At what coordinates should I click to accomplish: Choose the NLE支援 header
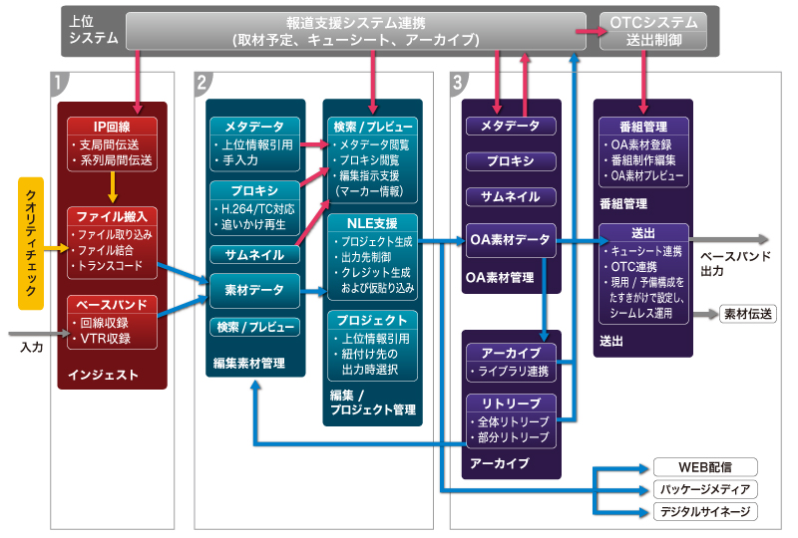click(374, 222)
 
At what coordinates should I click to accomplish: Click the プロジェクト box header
click(374, 320)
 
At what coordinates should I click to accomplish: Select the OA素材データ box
click(510, 239)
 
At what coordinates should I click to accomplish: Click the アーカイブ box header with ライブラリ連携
click(510, 354)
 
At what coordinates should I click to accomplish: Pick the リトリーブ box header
click(510, 403)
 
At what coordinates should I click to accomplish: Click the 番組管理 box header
click(642, 127)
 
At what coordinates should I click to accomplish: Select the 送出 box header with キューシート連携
click(642, 233)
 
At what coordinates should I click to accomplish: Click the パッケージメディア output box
click(704, 489)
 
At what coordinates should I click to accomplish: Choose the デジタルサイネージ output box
click(704, 512)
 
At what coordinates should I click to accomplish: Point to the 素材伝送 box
click(749, 314)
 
